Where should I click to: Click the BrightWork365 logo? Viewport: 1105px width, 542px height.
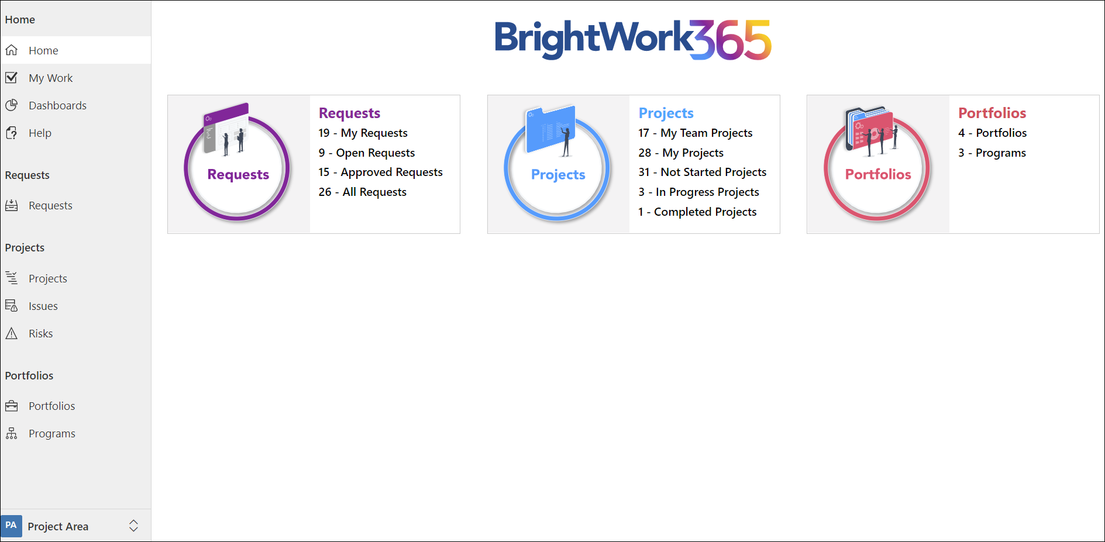pyautogui.click(x=633, y=40)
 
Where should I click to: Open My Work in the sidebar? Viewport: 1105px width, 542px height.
pyautogui.click(x=50, y=78)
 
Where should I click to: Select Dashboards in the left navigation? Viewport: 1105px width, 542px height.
pyautogui.click(x=57, y=105)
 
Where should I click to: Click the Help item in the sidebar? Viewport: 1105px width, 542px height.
pyautogui.click(x=40, y=133)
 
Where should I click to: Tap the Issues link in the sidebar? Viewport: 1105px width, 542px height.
pyautogui.click(x=43, y=306)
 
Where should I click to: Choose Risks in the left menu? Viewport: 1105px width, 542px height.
pyautogui.click(x=40, y=333)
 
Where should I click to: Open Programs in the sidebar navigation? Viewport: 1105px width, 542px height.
pyautogui.click(x=51, y=433)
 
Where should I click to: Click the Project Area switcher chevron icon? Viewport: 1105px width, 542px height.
pyautogui.click(x=133, y=526)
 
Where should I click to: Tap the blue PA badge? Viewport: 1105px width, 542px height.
pyautogui.click(x=11, y=526)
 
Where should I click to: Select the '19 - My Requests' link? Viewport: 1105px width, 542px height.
pyautogui.click(x=363, y=133)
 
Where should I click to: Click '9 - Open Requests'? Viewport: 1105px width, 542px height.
pyautogui.click(x=367, y=153)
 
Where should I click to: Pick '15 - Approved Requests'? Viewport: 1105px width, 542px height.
pyautogui.click(x=380, y=172)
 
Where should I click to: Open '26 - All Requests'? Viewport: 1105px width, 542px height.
pyautogui.click(x=362, y=192)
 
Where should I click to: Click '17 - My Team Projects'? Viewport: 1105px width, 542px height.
pyautogui.click(x=695, y=133)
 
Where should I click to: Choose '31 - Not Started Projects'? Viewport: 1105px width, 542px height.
pyautogui.click(x=702, y=172)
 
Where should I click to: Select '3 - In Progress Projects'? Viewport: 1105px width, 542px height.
pyautogui.click(x=698, y=192)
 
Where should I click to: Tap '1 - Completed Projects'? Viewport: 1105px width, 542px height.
pyautogui.click(x=697, y=212)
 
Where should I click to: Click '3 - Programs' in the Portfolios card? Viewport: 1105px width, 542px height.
pyautogui.click(x=992, y=153)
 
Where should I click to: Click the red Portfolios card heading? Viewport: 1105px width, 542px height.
pyautogui.click(x=992, y=113)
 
